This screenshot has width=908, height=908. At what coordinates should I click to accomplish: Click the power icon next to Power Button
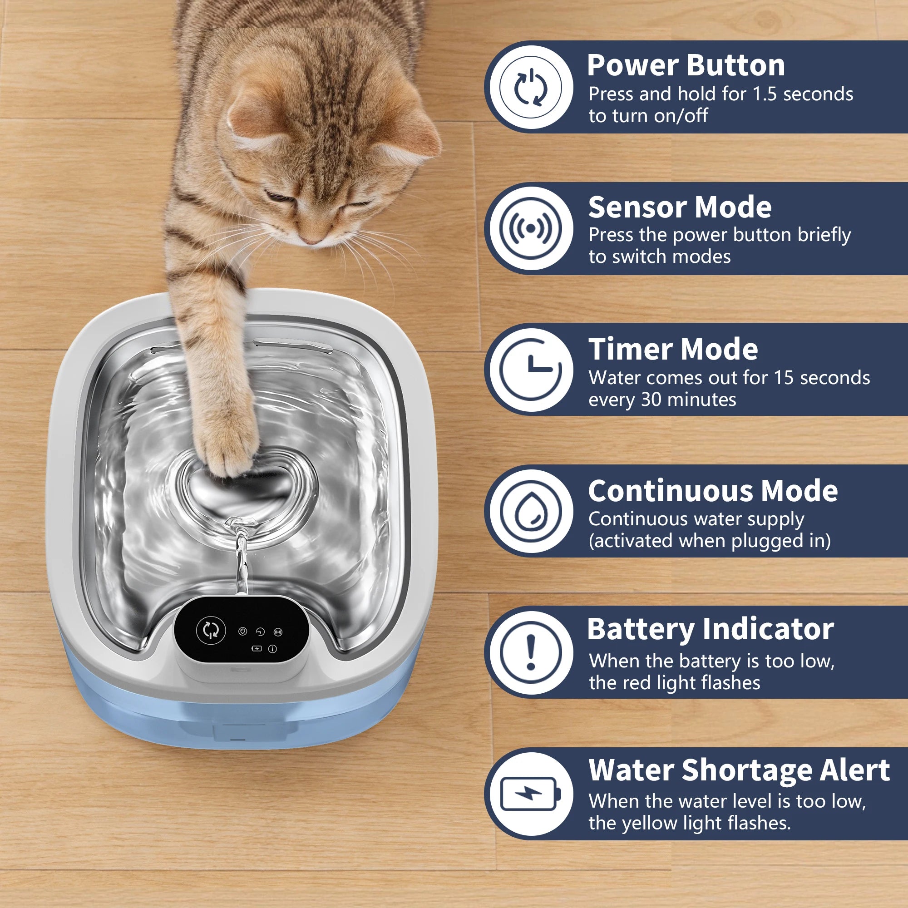[531, 88]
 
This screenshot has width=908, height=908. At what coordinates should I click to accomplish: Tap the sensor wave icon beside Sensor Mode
[531, 228]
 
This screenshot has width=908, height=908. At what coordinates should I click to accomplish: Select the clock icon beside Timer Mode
[531, 370]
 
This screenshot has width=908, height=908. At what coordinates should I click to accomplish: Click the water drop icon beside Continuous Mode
[531, 511]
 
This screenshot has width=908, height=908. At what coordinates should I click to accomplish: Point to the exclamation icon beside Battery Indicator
[531, 652]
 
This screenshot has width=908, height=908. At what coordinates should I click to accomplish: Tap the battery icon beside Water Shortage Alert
[531, 794]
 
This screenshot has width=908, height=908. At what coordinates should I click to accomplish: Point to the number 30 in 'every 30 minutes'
[651, 400]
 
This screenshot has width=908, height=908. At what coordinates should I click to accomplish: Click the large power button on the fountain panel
[211, 630]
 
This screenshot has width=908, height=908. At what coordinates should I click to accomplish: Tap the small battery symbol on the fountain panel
[257, 649]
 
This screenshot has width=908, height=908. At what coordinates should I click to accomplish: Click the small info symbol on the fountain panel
[272, 649]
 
